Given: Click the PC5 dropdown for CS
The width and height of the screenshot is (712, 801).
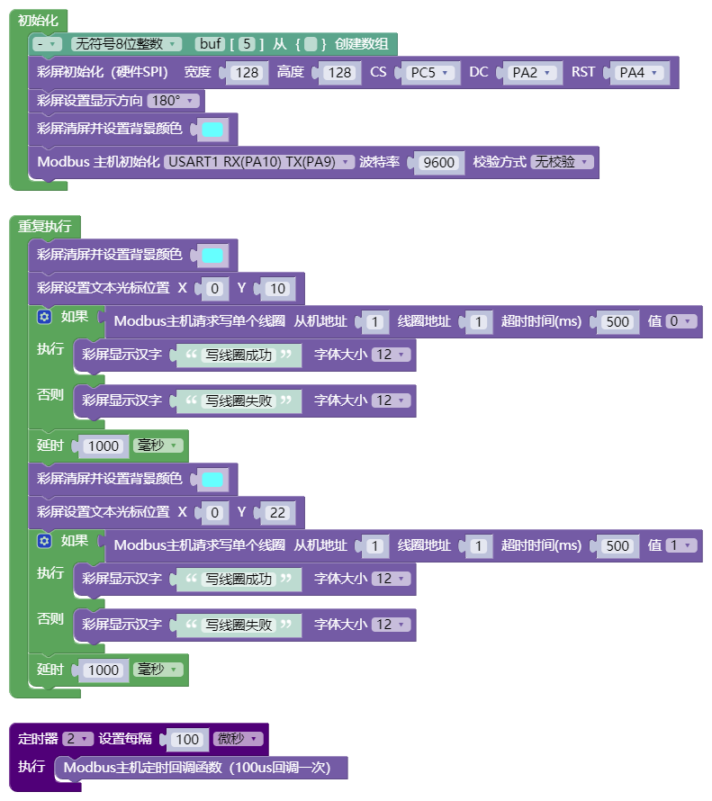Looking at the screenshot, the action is [429, 73].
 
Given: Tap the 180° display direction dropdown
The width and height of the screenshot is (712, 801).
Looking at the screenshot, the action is [173, 101].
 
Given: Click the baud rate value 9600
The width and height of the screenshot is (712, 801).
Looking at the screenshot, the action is [438, 162].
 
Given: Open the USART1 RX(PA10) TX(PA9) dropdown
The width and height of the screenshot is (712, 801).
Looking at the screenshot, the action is [259, 162].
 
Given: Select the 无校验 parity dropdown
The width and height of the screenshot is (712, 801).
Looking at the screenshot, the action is [562, 162].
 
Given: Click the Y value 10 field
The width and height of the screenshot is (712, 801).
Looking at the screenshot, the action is [277, 289].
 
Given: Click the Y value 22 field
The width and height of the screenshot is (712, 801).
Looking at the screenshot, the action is [277, 512].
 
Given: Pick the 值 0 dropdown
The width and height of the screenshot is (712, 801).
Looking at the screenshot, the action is [680, 321].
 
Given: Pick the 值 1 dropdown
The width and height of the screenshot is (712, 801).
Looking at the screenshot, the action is [680, 545].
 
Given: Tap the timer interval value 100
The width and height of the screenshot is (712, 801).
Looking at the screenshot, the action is [187, 739].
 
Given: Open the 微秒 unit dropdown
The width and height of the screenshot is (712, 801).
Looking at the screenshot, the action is [238, 739].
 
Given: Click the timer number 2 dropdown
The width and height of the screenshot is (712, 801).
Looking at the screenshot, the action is [77, 739].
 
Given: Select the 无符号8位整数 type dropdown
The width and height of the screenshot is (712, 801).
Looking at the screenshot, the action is [126, 44].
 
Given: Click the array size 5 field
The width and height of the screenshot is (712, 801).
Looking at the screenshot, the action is [247, 44].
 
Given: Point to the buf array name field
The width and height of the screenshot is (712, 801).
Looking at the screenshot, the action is [210, 44].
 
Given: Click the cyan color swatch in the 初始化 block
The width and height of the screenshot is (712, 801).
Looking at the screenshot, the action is [212, 130].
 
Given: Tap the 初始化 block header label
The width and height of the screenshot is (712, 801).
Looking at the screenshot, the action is [38, 21].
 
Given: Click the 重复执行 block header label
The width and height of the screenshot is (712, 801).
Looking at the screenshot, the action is [44, 226].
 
